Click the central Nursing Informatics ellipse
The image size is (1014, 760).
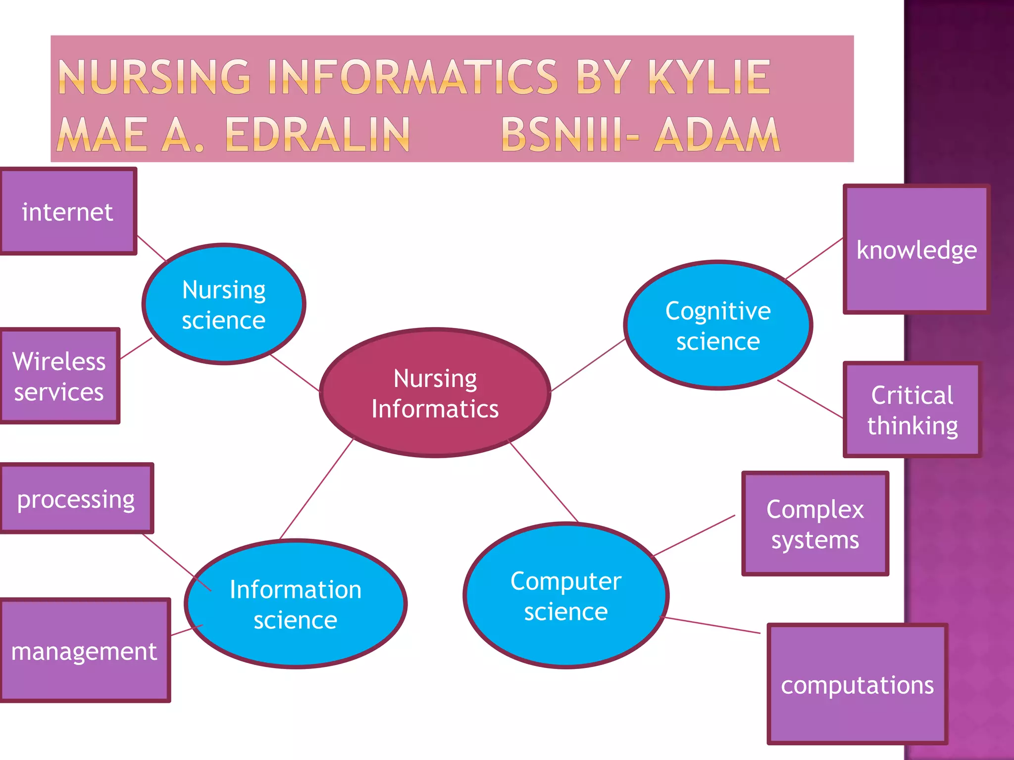coord(435,393)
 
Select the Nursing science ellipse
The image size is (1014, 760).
coord(224,304)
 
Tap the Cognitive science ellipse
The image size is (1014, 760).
coord(718,325)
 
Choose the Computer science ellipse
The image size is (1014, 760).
coord(566,596)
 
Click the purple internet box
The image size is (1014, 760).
coord(68,211)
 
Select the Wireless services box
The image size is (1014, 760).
coord(59,376)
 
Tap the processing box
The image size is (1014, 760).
coord(76,498)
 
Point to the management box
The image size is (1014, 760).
coord(85,650)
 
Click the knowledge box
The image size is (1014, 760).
coord(916,249)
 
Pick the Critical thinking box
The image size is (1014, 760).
coord(913,410)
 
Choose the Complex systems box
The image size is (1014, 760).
coord(815,523)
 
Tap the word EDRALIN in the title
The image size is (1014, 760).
coord(317,135)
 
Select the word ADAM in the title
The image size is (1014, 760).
coord(716,135)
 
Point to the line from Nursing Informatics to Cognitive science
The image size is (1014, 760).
coord(588,365)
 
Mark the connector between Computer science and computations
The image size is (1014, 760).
coord(711,625)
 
